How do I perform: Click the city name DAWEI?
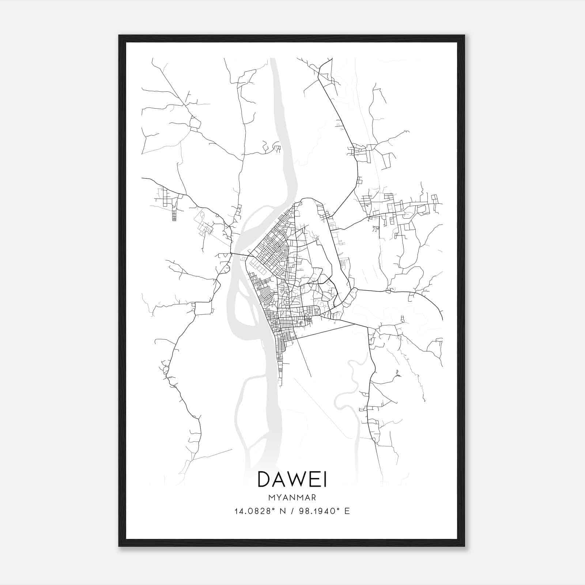pos(292,479)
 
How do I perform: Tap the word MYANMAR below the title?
pos(292,498)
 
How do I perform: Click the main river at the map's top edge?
pos(273,62)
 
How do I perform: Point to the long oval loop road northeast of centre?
pos(322,234)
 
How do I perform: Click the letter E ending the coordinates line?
pos(347,511)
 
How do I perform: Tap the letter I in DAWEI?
pos(325,479)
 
